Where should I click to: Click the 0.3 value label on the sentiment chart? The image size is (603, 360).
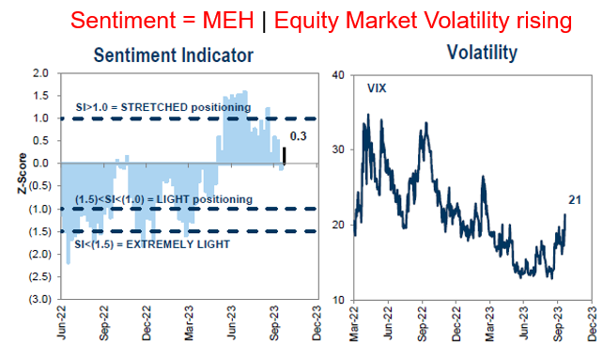(x=299, y=138)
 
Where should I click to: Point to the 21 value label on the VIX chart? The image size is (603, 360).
(x=573, y=200)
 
